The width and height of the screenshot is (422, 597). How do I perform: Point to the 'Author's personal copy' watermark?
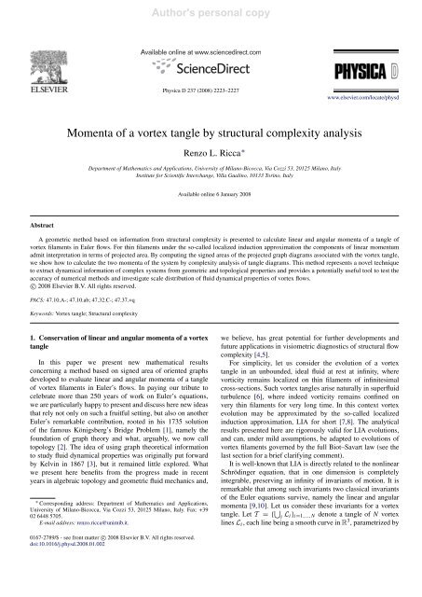tap(211, 11)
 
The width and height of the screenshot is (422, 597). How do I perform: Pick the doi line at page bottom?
tap(66, 589)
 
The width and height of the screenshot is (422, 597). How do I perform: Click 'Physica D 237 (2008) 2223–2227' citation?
tap(211, 94)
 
